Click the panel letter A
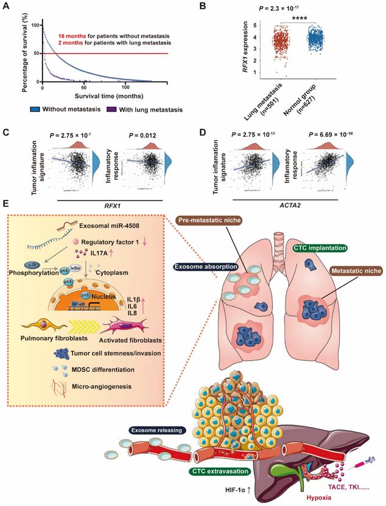7,6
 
